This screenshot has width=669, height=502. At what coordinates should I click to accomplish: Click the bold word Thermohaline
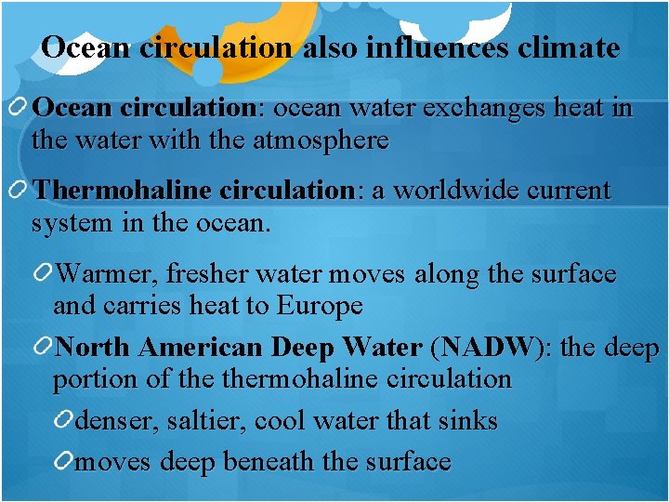122,191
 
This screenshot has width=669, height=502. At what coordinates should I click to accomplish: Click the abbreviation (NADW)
489,348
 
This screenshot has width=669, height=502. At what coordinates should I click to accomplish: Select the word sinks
467,421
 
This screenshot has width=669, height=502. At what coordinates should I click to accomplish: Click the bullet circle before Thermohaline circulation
20,191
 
